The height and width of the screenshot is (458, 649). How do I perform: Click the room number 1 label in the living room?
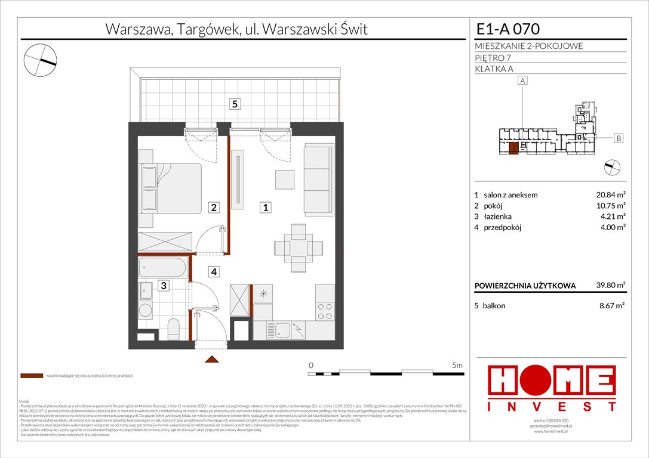click(266, 208)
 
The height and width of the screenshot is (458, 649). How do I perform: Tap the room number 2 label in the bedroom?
click(214, 208)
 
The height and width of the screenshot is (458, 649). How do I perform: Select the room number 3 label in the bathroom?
click(162, 286)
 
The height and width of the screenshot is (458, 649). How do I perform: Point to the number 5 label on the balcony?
click(235, 104)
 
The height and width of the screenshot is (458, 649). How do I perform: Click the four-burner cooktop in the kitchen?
click(324, 311)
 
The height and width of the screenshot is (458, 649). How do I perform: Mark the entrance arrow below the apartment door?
click(210, 360)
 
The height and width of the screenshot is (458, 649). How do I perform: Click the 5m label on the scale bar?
click(457, 364)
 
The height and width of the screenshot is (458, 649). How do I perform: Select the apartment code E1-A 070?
click(508, 28)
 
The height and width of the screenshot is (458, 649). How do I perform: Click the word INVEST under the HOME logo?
click(552, 406)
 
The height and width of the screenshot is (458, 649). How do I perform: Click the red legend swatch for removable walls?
click(32, 376)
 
